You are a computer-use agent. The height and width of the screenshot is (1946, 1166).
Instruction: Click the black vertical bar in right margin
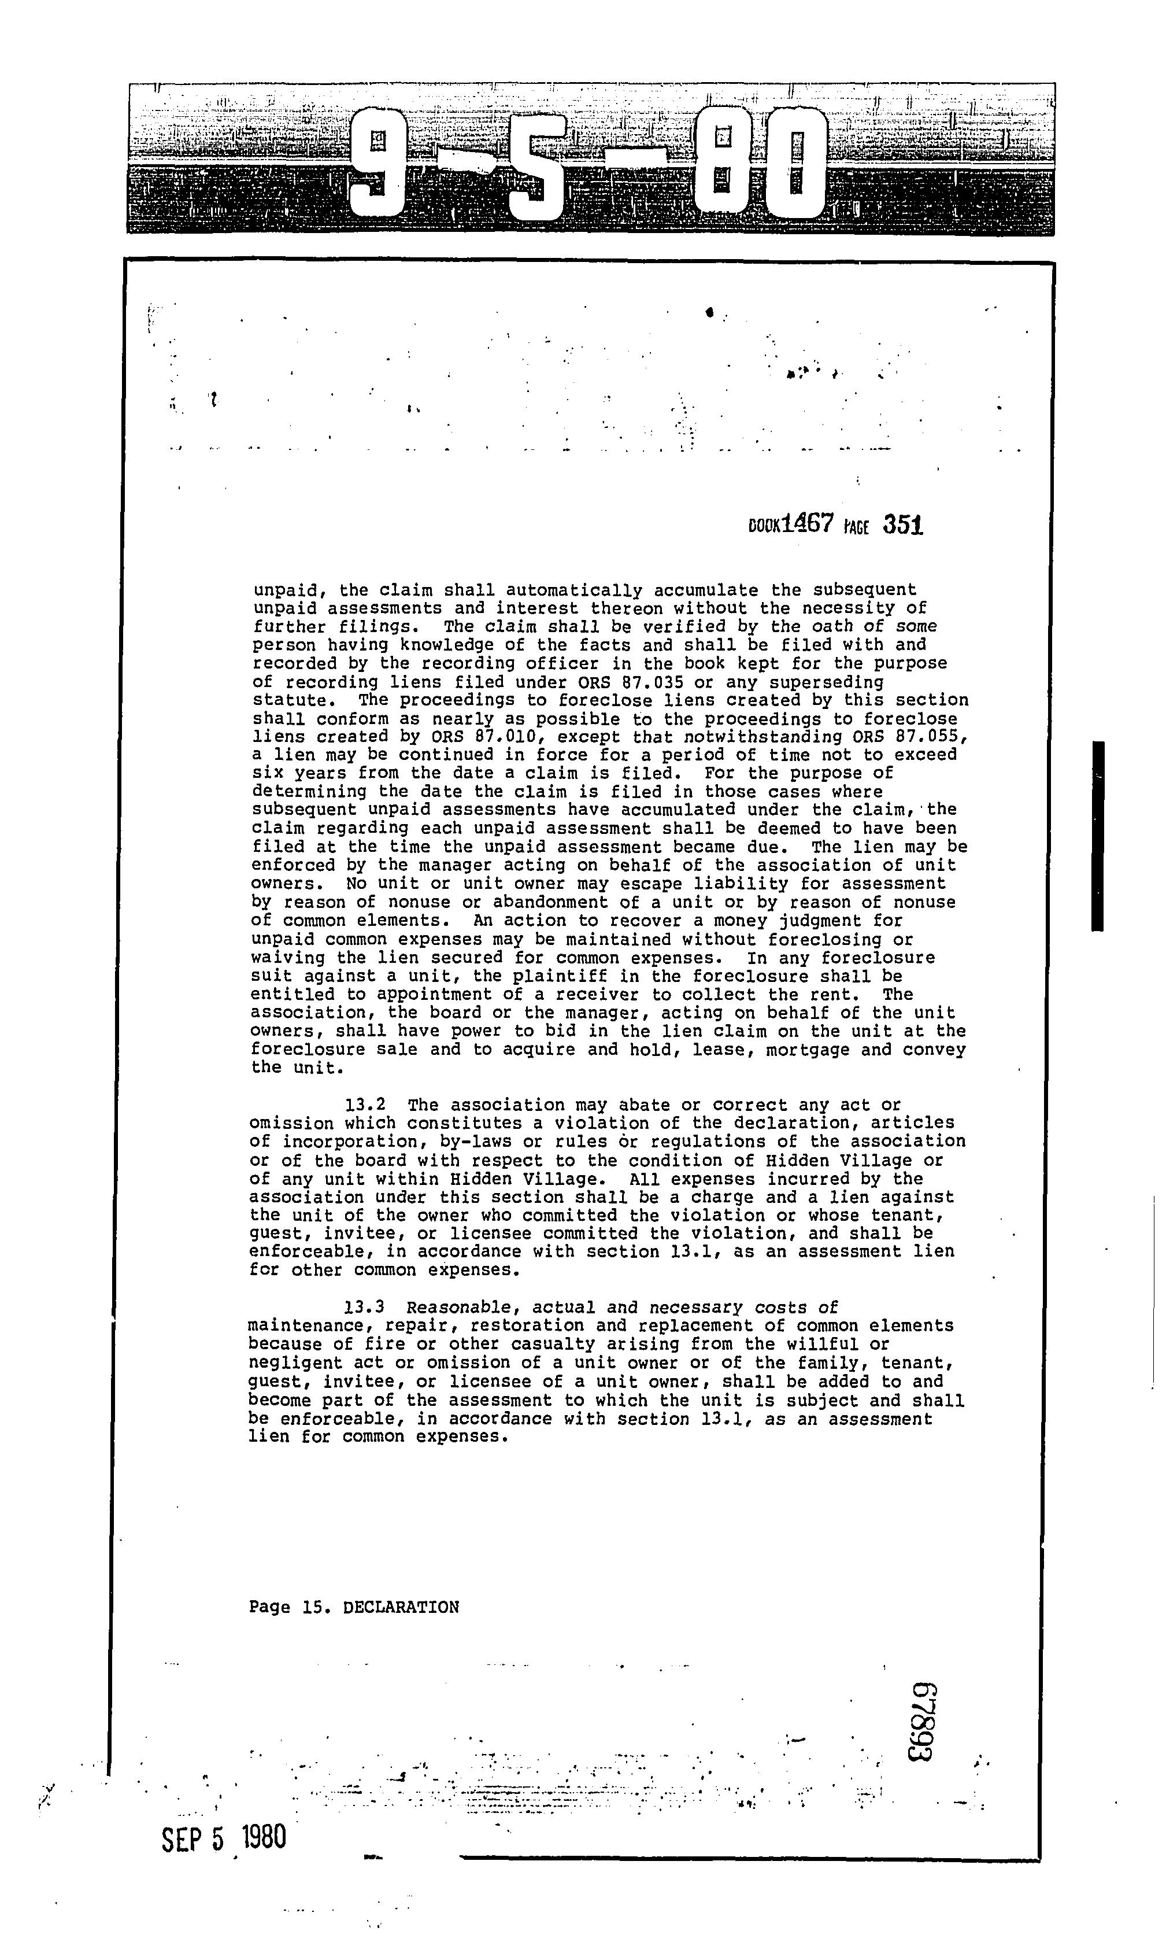1098,836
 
